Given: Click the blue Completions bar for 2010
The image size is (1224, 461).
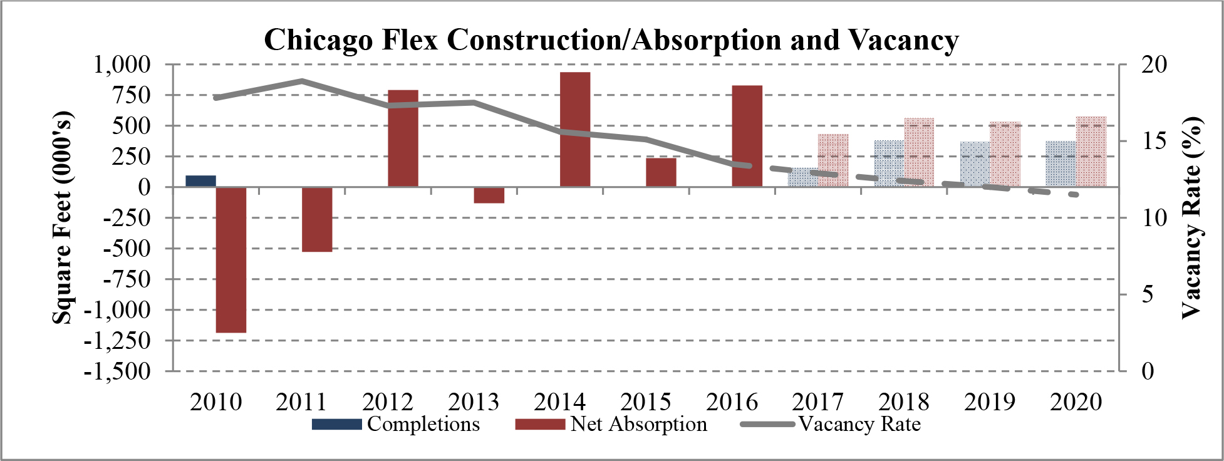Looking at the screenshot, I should (x=201, y=181).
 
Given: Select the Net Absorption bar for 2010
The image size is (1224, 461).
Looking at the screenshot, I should (x=231, y=259).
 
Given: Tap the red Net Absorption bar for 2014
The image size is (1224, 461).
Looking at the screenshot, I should (x=575, y=130).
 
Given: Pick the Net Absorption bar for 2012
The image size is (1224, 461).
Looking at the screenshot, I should (x=403, y=138).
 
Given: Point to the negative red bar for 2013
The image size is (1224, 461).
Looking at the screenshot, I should (x=489, y=195).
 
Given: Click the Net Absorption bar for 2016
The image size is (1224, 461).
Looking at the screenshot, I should (x=747, y=136).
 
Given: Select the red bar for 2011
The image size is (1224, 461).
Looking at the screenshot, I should (x=317, y=219).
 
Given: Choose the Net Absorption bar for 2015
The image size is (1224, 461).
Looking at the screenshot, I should (x=661, y=172).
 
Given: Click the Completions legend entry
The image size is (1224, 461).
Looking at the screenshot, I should (x=396, y=424).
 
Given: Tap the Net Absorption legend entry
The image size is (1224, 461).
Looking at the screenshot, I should (x=611, y=424).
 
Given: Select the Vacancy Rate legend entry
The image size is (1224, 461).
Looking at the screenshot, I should (x=831, y=424).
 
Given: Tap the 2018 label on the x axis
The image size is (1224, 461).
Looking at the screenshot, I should (x=903, y=401).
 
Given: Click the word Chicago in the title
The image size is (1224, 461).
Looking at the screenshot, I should (x=318, y=40).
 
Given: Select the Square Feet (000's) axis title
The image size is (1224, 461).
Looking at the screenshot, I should (x=62, y=218).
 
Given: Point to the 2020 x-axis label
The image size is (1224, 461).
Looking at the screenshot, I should (x=1076, y=401).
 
